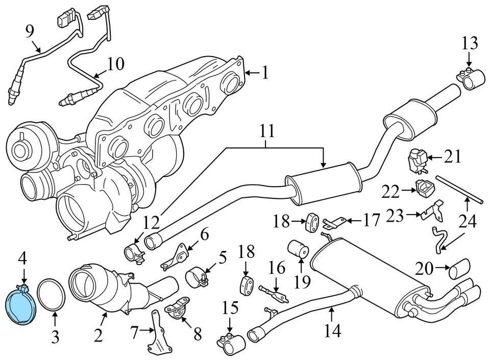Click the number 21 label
coord(452,157)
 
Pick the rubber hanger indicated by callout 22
coord(424,188)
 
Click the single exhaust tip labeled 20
coord(460,268)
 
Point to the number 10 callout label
coord(115,64)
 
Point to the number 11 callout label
coord(266,132)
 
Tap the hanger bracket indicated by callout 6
coord(176,256)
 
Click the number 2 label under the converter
coord(98,335)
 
